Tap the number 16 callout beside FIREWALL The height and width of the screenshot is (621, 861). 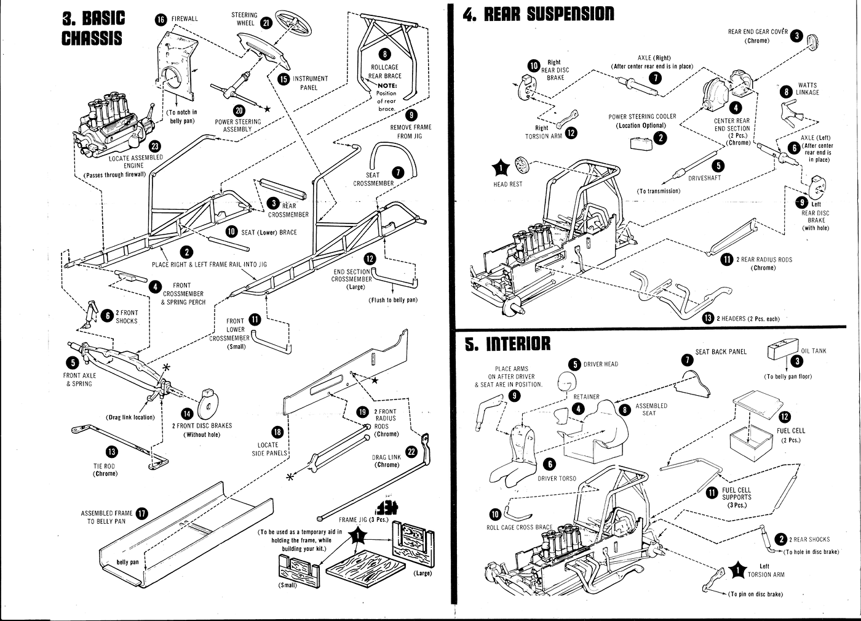coord(161,19)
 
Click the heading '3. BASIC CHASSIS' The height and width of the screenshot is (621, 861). coord(93,28)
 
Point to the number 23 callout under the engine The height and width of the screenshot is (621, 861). coord(155,146)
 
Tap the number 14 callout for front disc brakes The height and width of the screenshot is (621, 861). coord(187,414)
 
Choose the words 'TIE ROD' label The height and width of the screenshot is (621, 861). coord(105,466)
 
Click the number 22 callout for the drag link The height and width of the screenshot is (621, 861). coord(411,451)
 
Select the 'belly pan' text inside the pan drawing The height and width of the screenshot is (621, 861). coord(128,562)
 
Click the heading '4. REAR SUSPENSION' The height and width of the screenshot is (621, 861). coord(539,14)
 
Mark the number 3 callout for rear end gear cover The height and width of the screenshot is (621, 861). coord(796,36)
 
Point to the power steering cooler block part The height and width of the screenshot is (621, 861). coord(642,143)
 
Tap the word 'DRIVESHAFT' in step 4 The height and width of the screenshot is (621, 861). coord(704,178)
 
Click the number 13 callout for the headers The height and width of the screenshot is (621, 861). coord(708,318)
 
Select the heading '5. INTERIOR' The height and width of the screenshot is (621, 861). coord(508,343)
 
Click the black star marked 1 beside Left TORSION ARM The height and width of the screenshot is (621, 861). coord(737,571)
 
